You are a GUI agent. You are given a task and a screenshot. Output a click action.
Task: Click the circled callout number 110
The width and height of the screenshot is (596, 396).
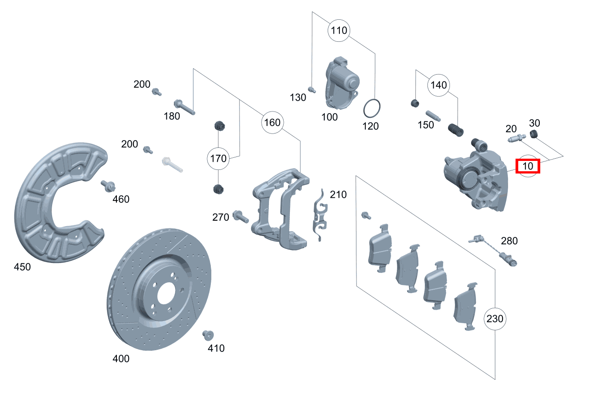[339, 31]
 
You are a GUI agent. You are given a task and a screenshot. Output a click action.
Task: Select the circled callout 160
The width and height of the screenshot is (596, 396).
[272, 122]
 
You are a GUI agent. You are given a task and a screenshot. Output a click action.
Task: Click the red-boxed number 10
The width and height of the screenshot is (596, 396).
[528, 166]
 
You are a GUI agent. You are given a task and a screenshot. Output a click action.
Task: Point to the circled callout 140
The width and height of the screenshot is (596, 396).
[439, 85]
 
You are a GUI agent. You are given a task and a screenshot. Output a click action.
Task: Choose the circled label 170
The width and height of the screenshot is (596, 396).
[218, 158]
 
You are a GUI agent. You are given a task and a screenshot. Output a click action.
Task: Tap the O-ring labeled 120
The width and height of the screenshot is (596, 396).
[372, 108]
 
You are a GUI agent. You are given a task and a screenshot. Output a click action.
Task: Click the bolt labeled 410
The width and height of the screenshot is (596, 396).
[208, 335]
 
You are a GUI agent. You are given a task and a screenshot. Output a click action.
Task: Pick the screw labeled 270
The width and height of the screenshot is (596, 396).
[240, 217]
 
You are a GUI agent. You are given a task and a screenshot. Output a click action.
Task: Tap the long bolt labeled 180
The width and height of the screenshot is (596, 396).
[184, 106]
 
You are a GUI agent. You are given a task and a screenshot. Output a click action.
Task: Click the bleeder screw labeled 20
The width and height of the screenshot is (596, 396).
[516, 139]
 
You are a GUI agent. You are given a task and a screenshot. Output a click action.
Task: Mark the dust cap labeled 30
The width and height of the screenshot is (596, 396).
[534, 134]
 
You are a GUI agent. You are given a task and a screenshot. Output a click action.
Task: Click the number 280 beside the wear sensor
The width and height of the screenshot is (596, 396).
[509, 241]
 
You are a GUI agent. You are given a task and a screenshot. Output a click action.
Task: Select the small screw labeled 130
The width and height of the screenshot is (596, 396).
[311, 89]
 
